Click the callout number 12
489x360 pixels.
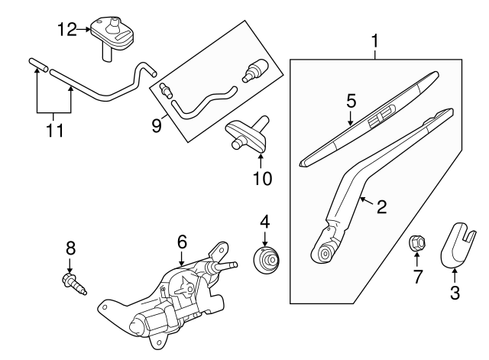click(66, 30)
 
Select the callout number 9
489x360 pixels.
click(157, 122)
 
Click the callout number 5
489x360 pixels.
click(351, 100)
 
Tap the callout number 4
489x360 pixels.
click(265, 222)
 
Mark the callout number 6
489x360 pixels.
click(182, 241)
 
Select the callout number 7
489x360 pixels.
click(418, 276)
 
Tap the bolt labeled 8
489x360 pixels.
click(74, 284)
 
